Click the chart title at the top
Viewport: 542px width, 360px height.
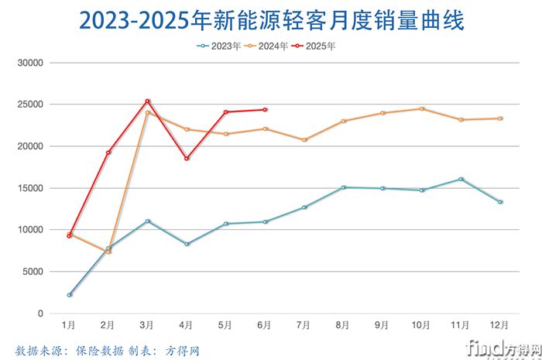[x=271, y=21]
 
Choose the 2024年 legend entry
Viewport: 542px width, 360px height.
[x=274, y=46]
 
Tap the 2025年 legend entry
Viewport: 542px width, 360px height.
[x=321, y=46]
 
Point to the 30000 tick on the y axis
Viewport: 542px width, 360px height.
[x=32, y=62]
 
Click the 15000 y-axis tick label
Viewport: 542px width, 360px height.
[x=32, y=188]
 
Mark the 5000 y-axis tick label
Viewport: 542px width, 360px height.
[x=34, y=272]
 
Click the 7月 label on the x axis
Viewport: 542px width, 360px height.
[x=304, y=325]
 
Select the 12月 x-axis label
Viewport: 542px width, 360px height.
[x=499, y=325]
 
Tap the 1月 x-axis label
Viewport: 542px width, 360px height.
[x=70, y=325]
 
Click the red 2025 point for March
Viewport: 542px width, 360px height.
[x=147, y=101]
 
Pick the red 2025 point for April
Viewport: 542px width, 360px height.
[x=187, y=159]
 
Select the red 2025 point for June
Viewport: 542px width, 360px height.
[x=265, y=110]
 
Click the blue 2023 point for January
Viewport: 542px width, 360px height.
[x=70, y=295]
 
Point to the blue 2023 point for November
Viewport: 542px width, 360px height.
[x=461, y=179]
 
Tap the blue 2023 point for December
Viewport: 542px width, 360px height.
[x=500, y=202]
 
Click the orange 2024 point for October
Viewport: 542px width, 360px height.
[x=421, y=108]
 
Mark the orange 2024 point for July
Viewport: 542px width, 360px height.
[x=304, y=140]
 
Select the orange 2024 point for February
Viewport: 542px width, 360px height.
[x=108, y=252]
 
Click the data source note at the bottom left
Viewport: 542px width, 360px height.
[x=108, y=350]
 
